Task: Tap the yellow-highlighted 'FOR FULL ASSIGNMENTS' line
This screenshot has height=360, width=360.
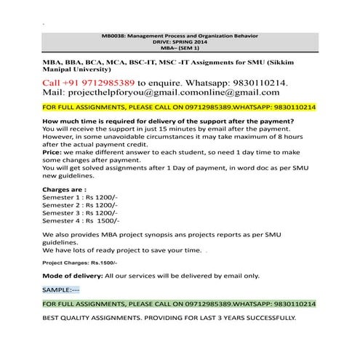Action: click(x=179, y=106)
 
